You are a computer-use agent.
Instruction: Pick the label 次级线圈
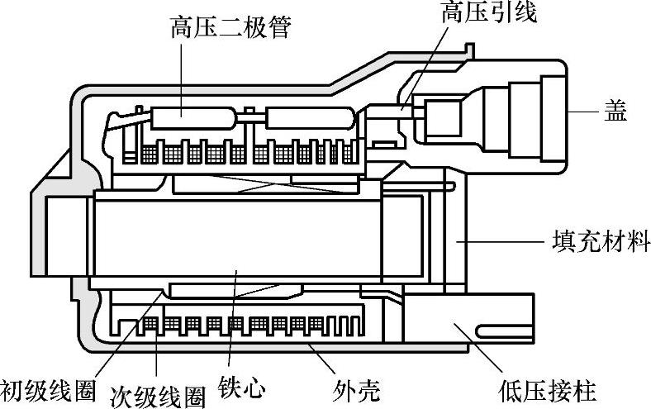click(x=158, y=393)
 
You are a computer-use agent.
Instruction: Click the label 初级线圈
click(x=46, y=388)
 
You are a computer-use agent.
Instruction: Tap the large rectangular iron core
click(x=240, y=240)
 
